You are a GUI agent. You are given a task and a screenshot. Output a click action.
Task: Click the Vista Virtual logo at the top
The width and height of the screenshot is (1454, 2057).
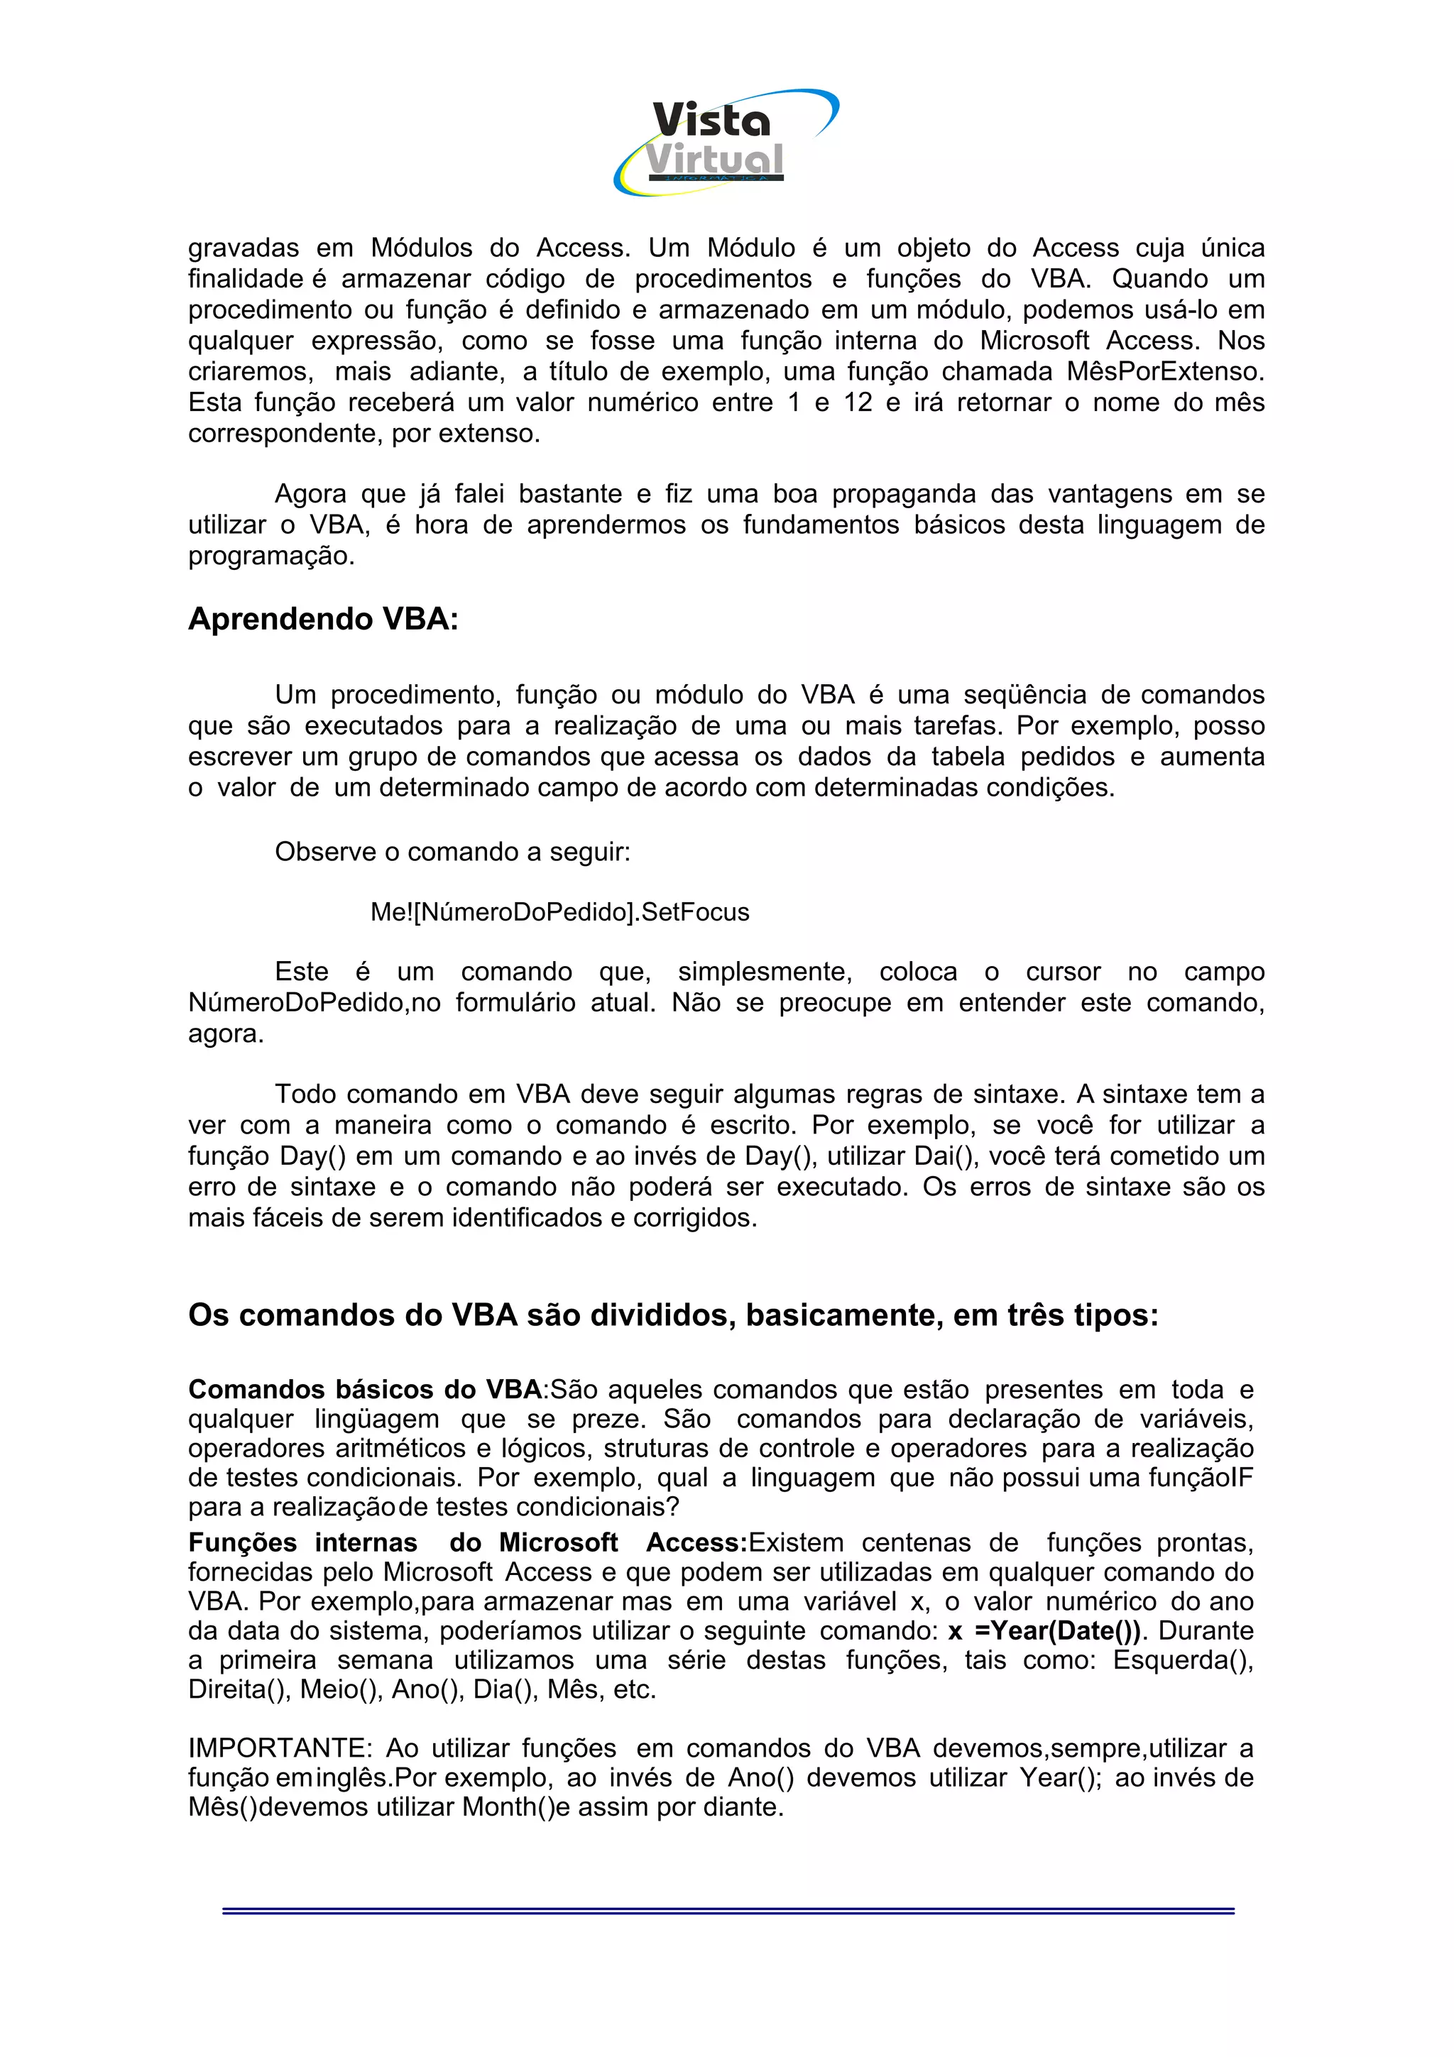click(726, 141)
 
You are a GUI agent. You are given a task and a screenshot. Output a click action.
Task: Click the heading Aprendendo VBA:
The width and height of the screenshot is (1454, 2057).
click(322, 618)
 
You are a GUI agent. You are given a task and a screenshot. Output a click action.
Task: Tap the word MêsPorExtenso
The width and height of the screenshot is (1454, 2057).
click(1164, 371)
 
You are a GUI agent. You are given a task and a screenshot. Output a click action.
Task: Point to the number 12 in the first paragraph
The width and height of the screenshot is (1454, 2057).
click(858, 402)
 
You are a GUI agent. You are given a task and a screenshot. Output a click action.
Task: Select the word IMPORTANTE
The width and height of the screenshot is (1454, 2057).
click(278, 1748)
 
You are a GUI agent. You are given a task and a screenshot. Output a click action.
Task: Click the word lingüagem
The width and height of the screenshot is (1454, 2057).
click(376, 1419)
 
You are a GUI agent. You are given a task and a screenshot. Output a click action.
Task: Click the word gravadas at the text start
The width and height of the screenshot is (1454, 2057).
click(243, 248)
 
